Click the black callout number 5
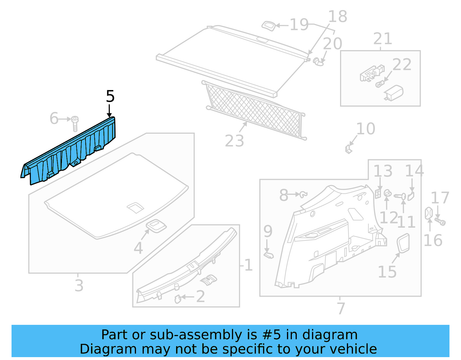pos(110,96)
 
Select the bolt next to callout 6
pos(75,124)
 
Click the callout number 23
pos(234,141)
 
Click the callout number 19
pos(299,25)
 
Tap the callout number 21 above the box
pos(383,39)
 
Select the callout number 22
pos(402,65)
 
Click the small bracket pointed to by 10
pos(348,149)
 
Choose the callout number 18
pos(337,16)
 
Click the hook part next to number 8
pos(303,195)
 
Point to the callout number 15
pos(387,272)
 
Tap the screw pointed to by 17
pos(440,222)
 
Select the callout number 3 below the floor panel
pos(79,286)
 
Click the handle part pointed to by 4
pos(156,226)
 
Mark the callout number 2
pos(201,297)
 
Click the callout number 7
pos(341,308)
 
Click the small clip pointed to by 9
pos(269,255)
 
